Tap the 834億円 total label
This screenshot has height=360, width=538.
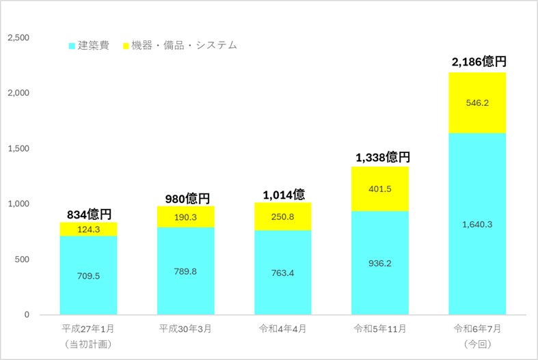point(89,214)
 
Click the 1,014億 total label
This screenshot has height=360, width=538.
point(283,194)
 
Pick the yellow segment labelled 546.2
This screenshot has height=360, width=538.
point(477,103)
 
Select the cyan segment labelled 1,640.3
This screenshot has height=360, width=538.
point(477,224)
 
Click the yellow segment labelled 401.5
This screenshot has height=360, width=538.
point(380,189)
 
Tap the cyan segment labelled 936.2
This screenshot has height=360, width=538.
point(380,263)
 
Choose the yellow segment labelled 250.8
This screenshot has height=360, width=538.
point(283,216)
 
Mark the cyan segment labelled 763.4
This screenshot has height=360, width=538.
point(283,273)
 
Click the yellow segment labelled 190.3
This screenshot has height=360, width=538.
point(186,216)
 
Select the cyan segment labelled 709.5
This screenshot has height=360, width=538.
point(89,275)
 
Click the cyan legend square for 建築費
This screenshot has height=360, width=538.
point(72,46)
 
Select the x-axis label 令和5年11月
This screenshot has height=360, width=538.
point(380,329)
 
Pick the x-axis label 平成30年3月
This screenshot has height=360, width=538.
point(186,329)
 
